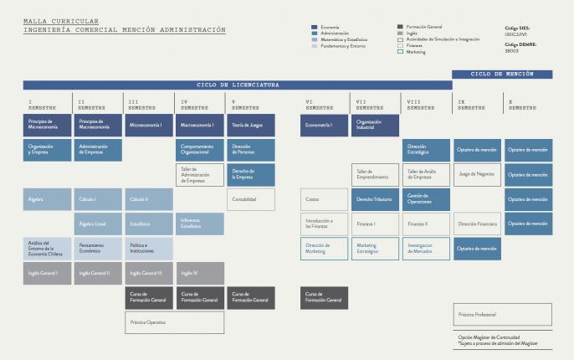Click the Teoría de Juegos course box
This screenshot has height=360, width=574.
(x=250, y=126)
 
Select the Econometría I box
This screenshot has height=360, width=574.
(x=324, y=126)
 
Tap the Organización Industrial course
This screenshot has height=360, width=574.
(x=374, y=126)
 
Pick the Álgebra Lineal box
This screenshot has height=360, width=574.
(x=98, y=224)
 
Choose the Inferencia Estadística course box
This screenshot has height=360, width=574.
(x=199, y=224)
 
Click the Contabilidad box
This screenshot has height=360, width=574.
(x=250, y=199)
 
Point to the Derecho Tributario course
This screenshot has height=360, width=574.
(x=374, y=199)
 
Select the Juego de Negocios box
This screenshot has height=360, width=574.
(x=477, y=174)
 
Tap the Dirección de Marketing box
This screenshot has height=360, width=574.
(x=324, y=249)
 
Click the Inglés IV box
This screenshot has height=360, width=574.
(x=199, y=273)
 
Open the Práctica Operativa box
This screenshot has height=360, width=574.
(x=174, y=322)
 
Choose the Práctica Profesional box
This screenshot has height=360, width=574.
(x=502, y=315)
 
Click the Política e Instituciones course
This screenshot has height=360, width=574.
(x=149, y=249)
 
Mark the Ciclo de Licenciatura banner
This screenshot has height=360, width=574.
(x=238, y=85)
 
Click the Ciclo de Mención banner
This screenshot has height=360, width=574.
(x=502, y=74)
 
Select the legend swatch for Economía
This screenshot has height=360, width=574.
(x=314, y=27)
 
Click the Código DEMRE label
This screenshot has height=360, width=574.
(x=521, y=46)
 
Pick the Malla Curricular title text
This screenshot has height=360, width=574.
(x=60, y=21)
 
